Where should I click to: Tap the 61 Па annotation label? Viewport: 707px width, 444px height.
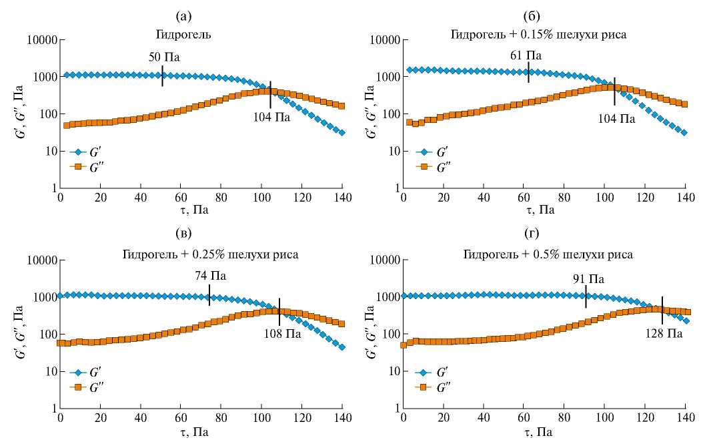tap(526, 55)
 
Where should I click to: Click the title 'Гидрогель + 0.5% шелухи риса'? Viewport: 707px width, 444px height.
tap(548, 254)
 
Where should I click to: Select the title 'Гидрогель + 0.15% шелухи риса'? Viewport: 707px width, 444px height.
tap(540, 34)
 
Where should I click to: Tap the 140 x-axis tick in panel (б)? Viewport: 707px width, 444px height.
tap(685, 198)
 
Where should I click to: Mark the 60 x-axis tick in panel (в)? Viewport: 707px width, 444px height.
tap(181, 418)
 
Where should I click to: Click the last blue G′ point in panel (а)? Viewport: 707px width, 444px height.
tap(342, 133)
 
